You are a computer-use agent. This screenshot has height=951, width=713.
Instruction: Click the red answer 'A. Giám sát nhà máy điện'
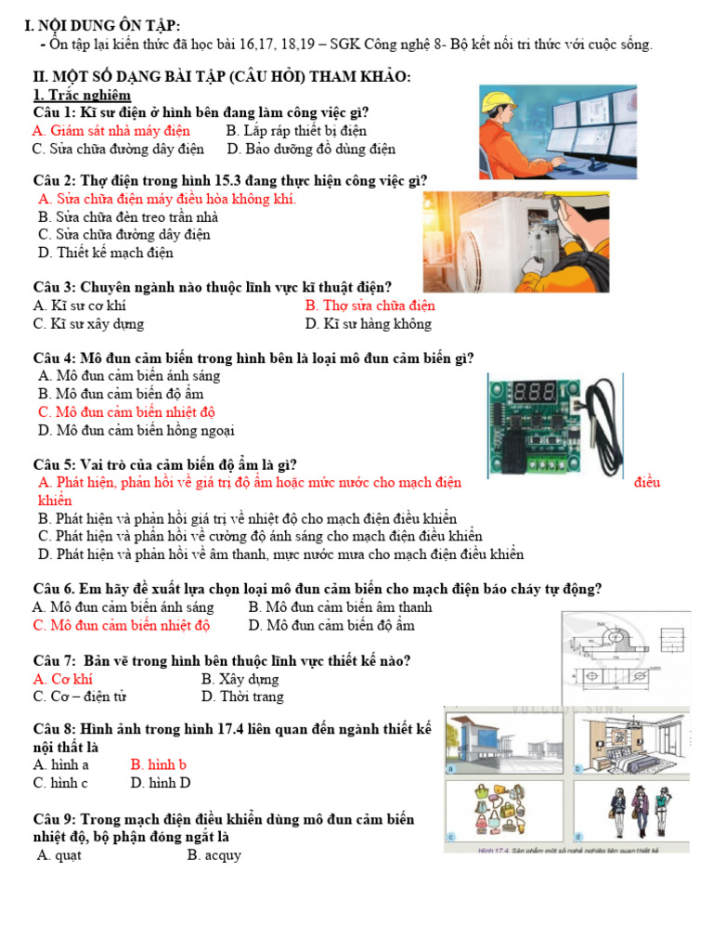[110, 131]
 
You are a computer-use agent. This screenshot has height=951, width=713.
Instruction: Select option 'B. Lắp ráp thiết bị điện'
[296, 131]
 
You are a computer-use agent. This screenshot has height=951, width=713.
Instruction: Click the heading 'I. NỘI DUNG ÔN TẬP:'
[103, 25]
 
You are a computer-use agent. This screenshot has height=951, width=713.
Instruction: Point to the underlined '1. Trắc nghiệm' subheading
[82, 95]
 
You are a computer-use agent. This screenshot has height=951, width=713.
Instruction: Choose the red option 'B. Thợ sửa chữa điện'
[369, 306]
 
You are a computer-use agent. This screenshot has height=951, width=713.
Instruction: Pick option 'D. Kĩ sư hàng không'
[368, 324]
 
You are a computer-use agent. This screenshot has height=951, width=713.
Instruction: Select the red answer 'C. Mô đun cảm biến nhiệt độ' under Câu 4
[126, 411]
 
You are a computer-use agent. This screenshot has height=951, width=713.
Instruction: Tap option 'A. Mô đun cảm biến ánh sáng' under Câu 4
[129, 376]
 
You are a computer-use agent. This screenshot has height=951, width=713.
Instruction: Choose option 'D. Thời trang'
[242, 697]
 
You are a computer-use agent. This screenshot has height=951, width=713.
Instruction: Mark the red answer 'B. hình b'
[159, 764]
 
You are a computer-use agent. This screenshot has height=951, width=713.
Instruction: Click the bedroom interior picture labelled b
[630, 742]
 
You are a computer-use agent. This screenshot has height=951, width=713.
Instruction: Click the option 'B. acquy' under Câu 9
[214, 854]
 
